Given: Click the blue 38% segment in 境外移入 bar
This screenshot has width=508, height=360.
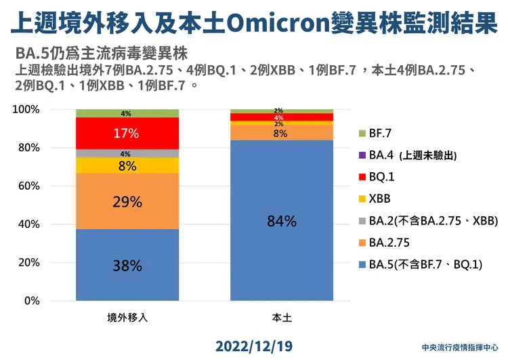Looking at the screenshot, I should [x=127, y=265].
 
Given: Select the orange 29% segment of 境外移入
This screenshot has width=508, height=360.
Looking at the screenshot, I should [x=127, y=201].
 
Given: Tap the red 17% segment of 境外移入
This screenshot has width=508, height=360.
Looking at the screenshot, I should [x=127, y=134].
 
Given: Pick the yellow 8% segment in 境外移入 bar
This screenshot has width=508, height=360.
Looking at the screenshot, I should [x=127, y=165].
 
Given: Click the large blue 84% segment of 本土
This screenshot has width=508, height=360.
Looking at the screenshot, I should [x=282, y=220].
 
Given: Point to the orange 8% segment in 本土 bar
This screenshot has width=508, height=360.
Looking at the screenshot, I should [x=282, y=133].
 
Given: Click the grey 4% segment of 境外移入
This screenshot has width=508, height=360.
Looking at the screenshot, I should [x=127, y=153].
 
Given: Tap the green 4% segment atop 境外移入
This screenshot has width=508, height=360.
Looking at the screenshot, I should [x=127, y=113].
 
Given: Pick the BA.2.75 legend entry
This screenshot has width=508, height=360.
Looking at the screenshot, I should [x=389, y=242].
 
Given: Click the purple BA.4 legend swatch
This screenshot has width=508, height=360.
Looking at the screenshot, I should [x=362, y=155].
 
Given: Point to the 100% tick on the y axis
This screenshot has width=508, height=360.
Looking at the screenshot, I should [x=28, y=110].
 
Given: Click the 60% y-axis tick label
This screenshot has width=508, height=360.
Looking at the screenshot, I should [x=29, y=186].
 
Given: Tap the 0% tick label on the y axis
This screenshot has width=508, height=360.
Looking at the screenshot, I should [x=32, y=300].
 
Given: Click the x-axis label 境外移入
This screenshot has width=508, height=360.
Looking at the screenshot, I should [x=127, y=317].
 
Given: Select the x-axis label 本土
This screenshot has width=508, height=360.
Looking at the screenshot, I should [x=282, y=317].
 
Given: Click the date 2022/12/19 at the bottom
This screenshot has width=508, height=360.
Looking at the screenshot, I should [x=253, y=346].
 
